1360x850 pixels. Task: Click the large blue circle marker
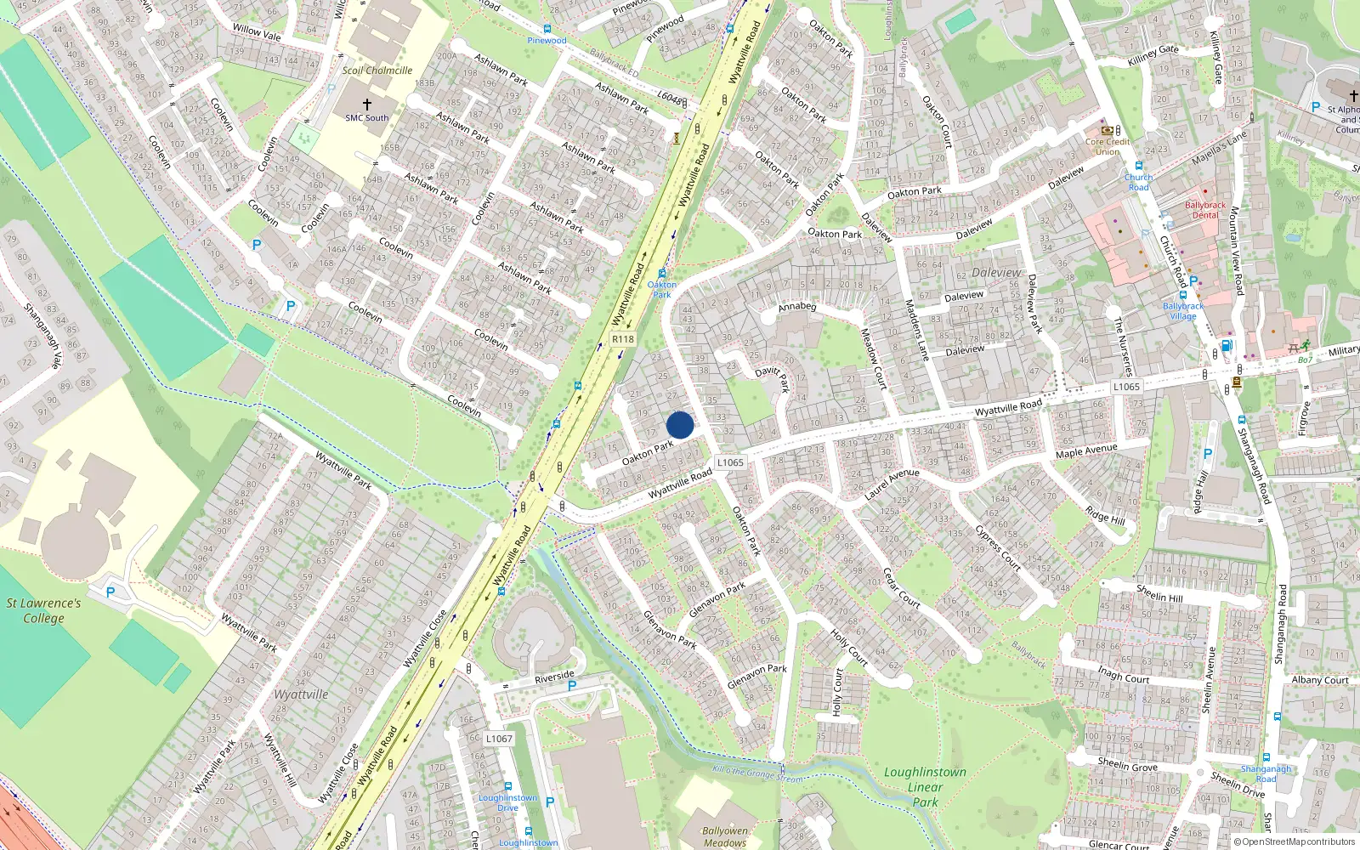680,425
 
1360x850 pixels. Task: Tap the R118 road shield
623,338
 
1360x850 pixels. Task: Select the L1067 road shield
499,739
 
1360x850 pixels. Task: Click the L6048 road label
670,98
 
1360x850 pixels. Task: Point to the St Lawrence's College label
43,610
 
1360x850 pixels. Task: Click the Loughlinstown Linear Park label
925,786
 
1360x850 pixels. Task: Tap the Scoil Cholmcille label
377,71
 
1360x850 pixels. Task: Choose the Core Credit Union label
1108,146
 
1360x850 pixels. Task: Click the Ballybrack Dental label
1205,210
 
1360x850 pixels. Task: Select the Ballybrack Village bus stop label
1183,310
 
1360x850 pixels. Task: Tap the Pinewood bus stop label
547,40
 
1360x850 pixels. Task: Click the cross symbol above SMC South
367,104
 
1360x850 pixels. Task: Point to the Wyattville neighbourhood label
301,694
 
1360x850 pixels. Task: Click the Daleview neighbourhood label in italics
996,273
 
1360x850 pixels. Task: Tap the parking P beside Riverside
572,686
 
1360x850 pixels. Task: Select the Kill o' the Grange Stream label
756,774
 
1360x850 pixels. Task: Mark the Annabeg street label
796,307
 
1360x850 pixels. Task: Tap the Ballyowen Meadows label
725,836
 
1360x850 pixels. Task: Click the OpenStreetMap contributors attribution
1295,841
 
